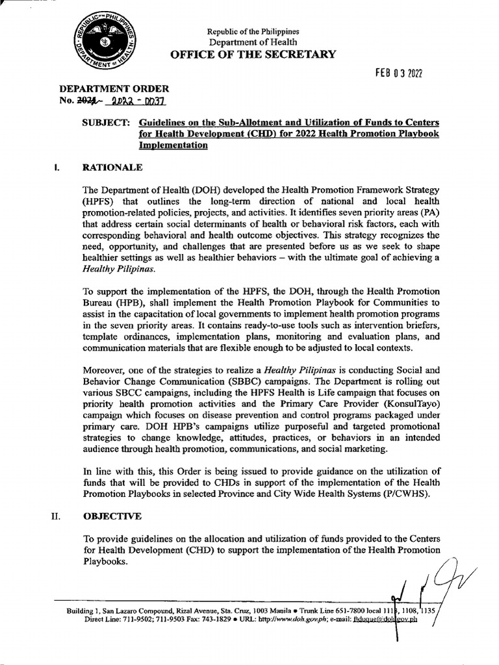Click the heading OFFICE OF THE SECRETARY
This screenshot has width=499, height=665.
[253, 55]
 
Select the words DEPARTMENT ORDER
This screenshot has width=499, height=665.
[114, 88]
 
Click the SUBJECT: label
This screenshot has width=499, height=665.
[107, 123]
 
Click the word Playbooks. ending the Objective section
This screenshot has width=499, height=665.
[106, 562]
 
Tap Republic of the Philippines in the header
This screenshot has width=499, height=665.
[253, 31]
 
